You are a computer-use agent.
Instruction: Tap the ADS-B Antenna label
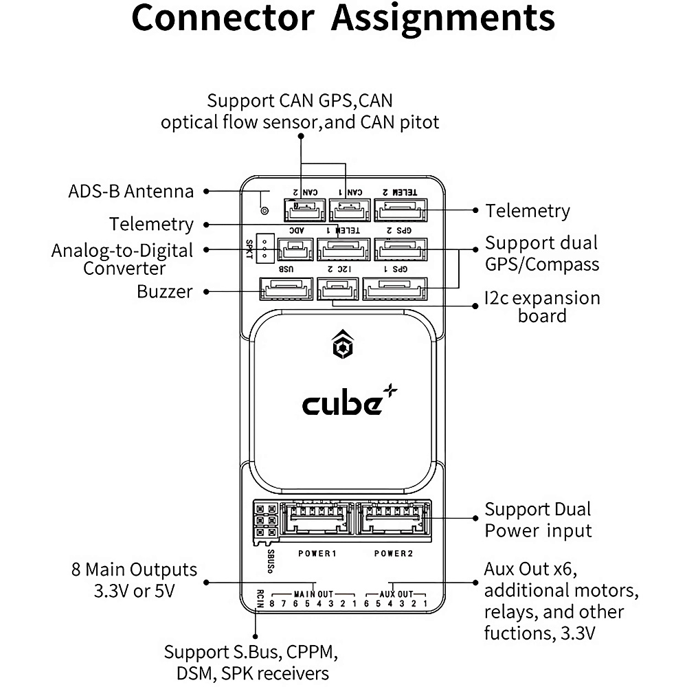click(131, 191)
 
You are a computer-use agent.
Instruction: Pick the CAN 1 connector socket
click(349, 209)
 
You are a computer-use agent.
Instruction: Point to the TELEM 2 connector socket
click(400, 209)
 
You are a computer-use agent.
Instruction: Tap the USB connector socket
click(286, 289)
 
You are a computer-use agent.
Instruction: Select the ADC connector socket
click(295, 249)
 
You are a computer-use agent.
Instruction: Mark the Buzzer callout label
click(165, 291)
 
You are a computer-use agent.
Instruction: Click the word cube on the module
click(342, 404)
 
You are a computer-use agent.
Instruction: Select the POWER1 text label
click(317, 553)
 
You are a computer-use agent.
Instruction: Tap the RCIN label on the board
click(260, 598)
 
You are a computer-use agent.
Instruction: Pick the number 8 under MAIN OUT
click(272, 604)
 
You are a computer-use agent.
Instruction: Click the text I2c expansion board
click(542, 307)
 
